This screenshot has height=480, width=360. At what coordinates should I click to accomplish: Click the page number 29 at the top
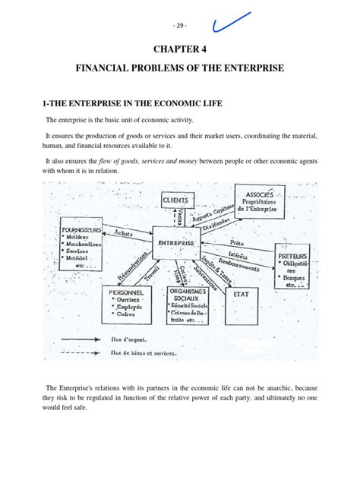tap(179, 24)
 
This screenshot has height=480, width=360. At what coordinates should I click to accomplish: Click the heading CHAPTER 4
tap(180, 51)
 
